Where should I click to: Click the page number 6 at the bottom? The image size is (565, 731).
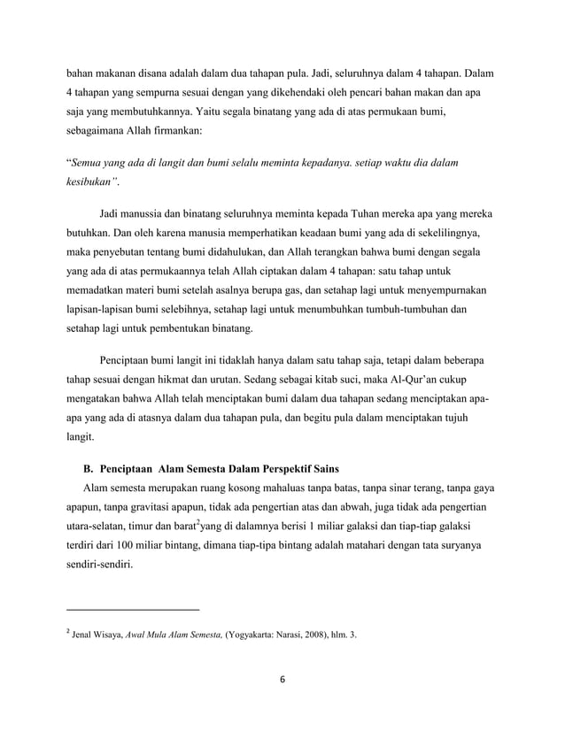(282, 681)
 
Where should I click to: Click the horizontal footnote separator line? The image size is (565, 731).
(133, 610)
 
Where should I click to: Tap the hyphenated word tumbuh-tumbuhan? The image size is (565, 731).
(415, 310)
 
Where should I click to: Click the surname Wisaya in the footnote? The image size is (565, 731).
(115, 635)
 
